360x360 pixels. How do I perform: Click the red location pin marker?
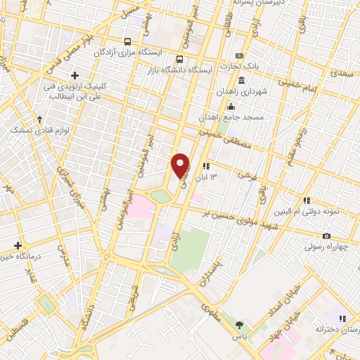(181, 165)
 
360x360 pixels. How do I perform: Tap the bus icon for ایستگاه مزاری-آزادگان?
(127, 41)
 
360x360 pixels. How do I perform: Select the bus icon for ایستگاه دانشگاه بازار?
(180, 60)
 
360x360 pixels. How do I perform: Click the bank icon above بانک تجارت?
(240, 56)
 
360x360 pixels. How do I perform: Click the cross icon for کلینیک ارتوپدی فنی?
(75, 75)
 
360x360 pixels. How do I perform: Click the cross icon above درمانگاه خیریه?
(18, 245)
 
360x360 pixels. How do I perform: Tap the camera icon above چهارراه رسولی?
(326, 236)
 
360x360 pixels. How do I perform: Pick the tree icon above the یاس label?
(239, 324)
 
